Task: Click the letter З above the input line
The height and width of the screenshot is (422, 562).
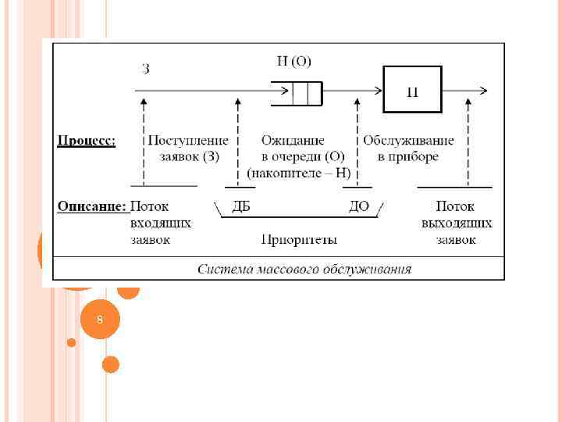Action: pyautogui.click(x=146, y=69)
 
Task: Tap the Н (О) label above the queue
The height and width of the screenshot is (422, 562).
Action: pyautogui.click(x=293, y=62)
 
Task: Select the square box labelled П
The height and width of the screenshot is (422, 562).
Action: pyautogui.click(x=412, y=90)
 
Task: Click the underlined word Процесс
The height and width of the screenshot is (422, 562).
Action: pyautogui.click(x=87, y=141)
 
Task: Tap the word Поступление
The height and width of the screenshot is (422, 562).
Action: pyautogui.click(x=188, y=141)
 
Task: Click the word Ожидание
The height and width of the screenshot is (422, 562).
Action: pyautogui.click(x=293, y=141)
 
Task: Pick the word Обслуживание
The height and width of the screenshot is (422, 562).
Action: pyautogui.click(x=408, y=141)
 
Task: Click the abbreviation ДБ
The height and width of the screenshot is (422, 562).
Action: pyautogui.click(x=241, y=207)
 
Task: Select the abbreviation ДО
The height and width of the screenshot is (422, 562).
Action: pyautogui.click(x=359, y=207)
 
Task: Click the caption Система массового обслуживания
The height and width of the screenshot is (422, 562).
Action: pyautogui.click(x=304, y=270)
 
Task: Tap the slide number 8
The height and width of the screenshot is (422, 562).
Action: pyautogui.click(x=99, y=320)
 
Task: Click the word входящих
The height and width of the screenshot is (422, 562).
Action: pyautogui.click(x=161, y=224)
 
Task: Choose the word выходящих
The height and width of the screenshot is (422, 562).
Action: pyautogui.click(x=457, y=224)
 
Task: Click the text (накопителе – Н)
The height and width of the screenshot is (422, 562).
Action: pyautogui.click(x=299, y=173)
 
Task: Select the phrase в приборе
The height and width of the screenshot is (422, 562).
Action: pyautogui.click(x=408, y=156)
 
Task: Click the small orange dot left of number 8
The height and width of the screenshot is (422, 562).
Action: pyautogui.click(x=72, y=342)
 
